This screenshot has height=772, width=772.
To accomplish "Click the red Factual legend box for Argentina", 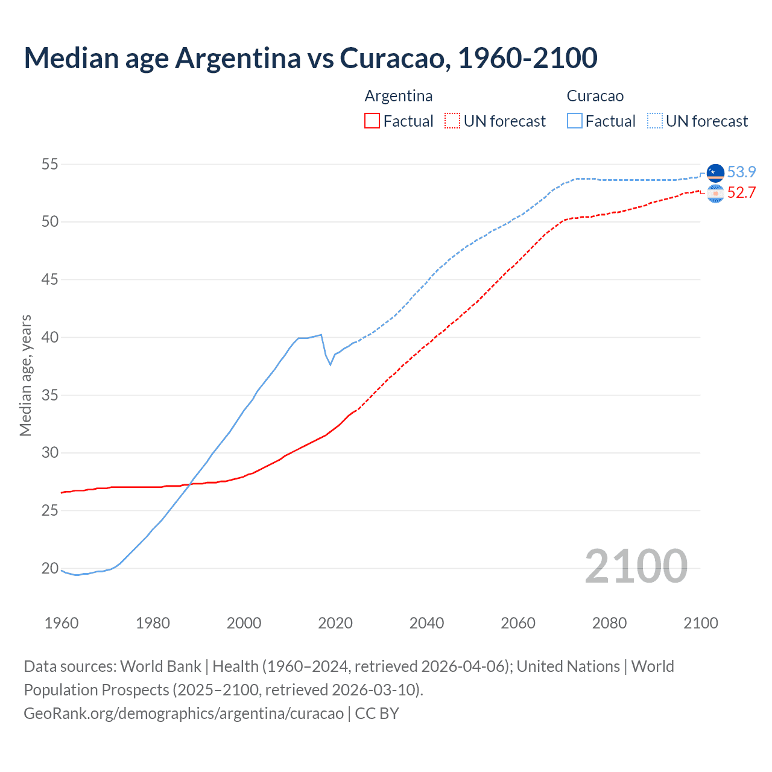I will pos(372,121).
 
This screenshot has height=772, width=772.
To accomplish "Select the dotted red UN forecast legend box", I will pos(452,121).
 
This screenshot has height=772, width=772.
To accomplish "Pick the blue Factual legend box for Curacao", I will pos(575,121).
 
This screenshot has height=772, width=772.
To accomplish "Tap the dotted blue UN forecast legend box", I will pos(655,121).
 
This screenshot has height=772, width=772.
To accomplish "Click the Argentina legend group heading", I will pos(398,96).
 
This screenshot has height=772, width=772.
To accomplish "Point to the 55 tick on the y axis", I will pos(50,164).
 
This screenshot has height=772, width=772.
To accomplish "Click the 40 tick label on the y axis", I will pos(50,337).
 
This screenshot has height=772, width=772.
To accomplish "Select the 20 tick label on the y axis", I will pos(50,568).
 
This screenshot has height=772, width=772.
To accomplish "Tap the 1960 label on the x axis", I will pos(62,623).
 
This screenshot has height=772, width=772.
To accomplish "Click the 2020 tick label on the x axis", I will pos(335,623).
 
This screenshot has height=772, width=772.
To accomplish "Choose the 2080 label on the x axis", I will pos(609,623).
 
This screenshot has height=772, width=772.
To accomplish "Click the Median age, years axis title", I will pos(25,375).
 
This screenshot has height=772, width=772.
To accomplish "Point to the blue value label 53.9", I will pos(741,172).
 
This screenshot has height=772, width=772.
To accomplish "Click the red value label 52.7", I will pos(741,192).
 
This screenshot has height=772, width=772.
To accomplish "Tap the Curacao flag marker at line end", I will pos(715,172).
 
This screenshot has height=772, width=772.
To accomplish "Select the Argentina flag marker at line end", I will pos(715,194).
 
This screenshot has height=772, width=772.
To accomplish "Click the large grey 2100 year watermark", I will pos(636,566).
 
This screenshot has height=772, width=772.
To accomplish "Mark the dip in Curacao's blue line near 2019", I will pos(330,364).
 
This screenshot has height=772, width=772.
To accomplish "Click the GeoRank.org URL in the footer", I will pos(183,713).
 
